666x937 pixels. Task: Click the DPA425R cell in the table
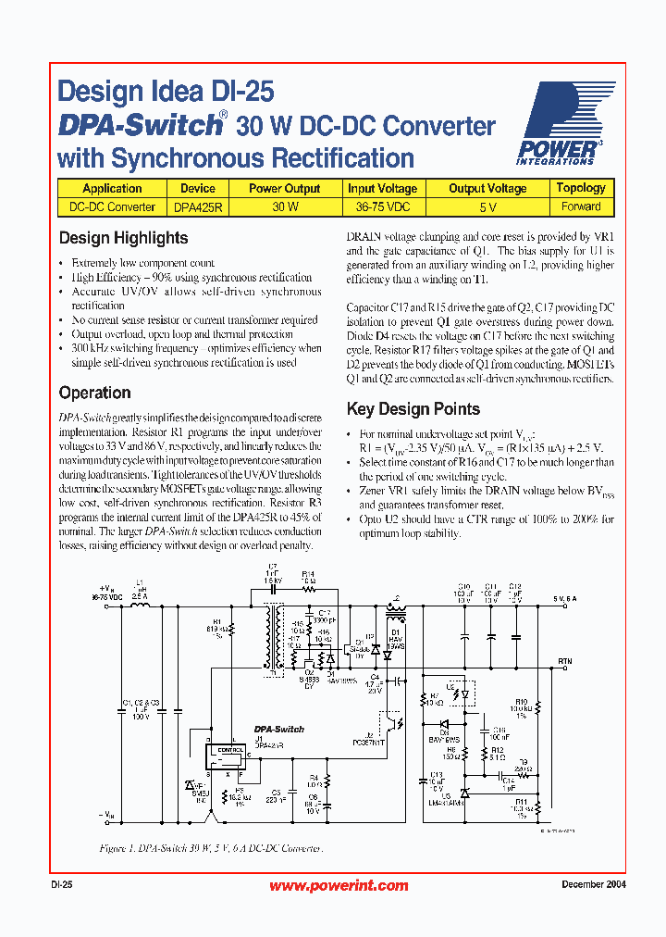pos(197,207)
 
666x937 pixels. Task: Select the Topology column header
pos(580,188)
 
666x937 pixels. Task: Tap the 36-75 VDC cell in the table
pos(382,207)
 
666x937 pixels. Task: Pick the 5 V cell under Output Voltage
pos(487,207)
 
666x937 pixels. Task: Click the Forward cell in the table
pos(580,207)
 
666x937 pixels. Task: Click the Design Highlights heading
pos(123,238)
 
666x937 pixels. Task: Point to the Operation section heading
pos(94,393)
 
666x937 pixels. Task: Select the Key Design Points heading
pos(413,409)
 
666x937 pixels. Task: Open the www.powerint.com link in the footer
pos(339,886)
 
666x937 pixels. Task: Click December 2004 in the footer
pos(593,885)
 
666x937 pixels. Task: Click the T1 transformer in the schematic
pos(274,637)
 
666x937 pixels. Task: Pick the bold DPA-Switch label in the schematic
pos(278,730)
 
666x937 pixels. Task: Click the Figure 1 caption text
pos(211,848)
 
